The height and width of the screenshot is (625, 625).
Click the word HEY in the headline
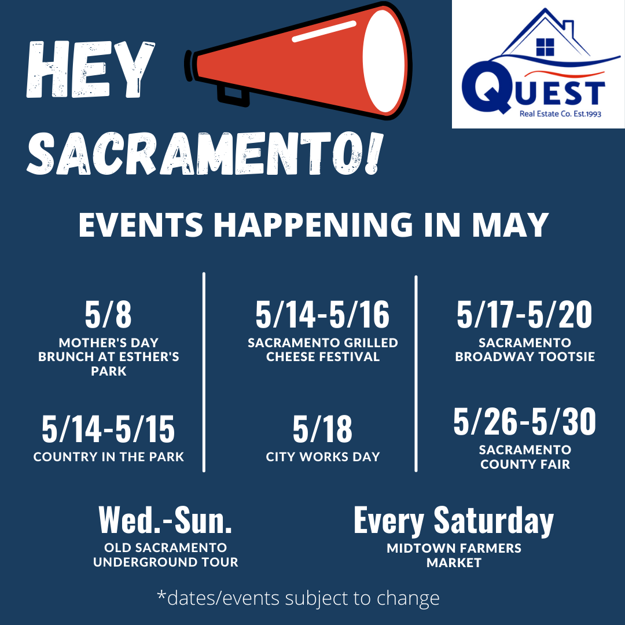[90, 69]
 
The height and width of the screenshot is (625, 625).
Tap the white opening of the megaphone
[384, 61]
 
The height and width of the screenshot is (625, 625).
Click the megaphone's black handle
[233, 95]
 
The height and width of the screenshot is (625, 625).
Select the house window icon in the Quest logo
[545, 47]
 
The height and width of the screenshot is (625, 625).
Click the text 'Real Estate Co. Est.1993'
[560, 114]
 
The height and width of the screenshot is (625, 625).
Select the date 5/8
[108, 314]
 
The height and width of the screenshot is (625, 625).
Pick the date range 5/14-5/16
[322, 314]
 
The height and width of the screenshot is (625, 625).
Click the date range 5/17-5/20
[524, 314]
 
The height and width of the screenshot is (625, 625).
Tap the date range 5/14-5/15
[108, 429]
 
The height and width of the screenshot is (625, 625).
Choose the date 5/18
[322, 429]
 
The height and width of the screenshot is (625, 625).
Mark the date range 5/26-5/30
[524, 421]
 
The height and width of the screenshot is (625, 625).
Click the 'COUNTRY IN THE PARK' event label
[108, 457]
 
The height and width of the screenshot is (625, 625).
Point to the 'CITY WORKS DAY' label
[323, 457]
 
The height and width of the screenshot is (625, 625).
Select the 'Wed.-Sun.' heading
[165, 520]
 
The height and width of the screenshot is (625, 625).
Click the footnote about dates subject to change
[298, 598]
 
